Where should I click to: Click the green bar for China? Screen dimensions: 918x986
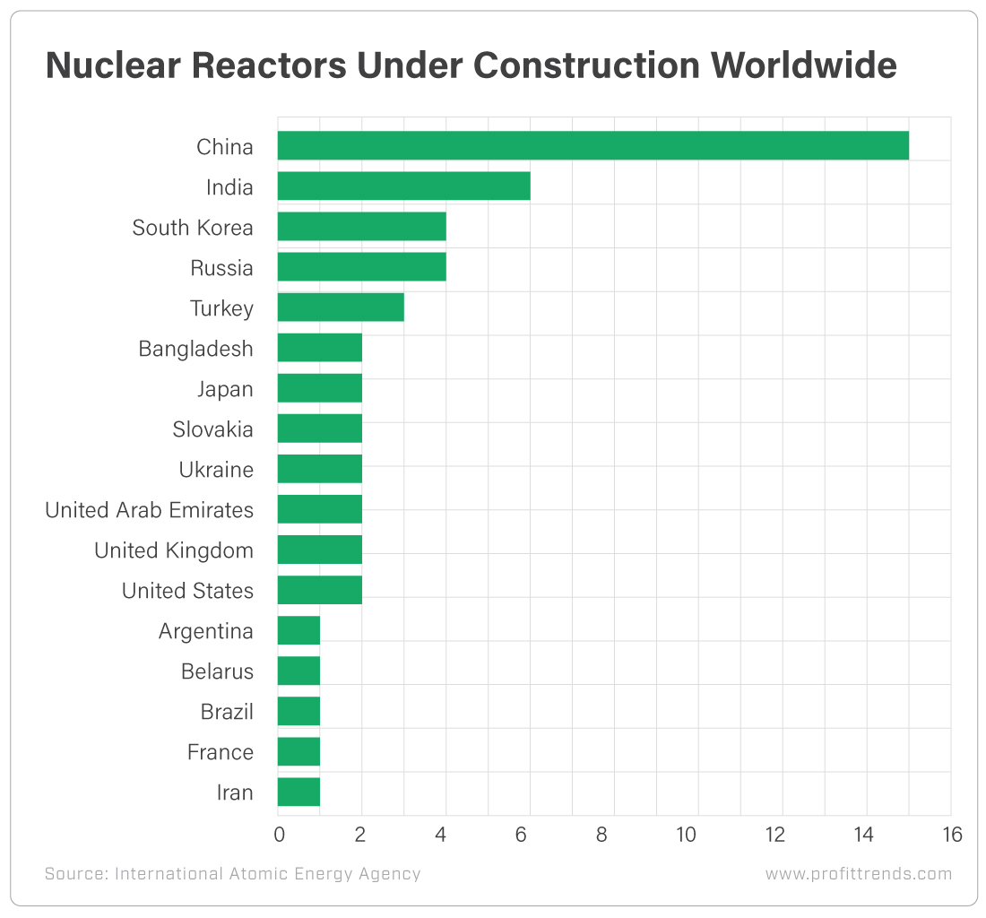click(592, 146)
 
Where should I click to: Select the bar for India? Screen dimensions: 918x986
click(403, 186)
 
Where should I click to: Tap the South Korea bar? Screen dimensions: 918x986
click(361, 227)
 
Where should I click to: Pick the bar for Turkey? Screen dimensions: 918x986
click(341, 307)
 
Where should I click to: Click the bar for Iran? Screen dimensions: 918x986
click(298, 792)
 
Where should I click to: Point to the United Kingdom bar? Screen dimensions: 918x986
click(319, 550)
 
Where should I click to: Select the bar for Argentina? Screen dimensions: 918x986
click(298, 630)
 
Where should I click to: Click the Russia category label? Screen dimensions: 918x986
click(221, 268)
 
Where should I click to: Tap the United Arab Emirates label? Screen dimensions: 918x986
click(149, 510)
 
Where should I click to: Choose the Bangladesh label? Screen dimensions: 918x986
click(195, 349)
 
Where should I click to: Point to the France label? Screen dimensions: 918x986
click(220, 752)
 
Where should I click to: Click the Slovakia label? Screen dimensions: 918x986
click(212, 429)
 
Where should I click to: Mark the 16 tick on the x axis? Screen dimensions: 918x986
click(952, 835)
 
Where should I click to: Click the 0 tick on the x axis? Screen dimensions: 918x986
click(278, 835)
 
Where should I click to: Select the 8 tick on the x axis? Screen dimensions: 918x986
click(601, 835)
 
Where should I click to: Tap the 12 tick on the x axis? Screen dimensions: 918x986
click(774, 835)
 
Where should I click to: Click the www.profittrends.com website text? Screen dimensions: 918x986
click(858, 874)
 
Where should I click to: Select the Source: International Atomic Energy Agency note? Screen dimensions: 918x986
click(232, 874)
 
